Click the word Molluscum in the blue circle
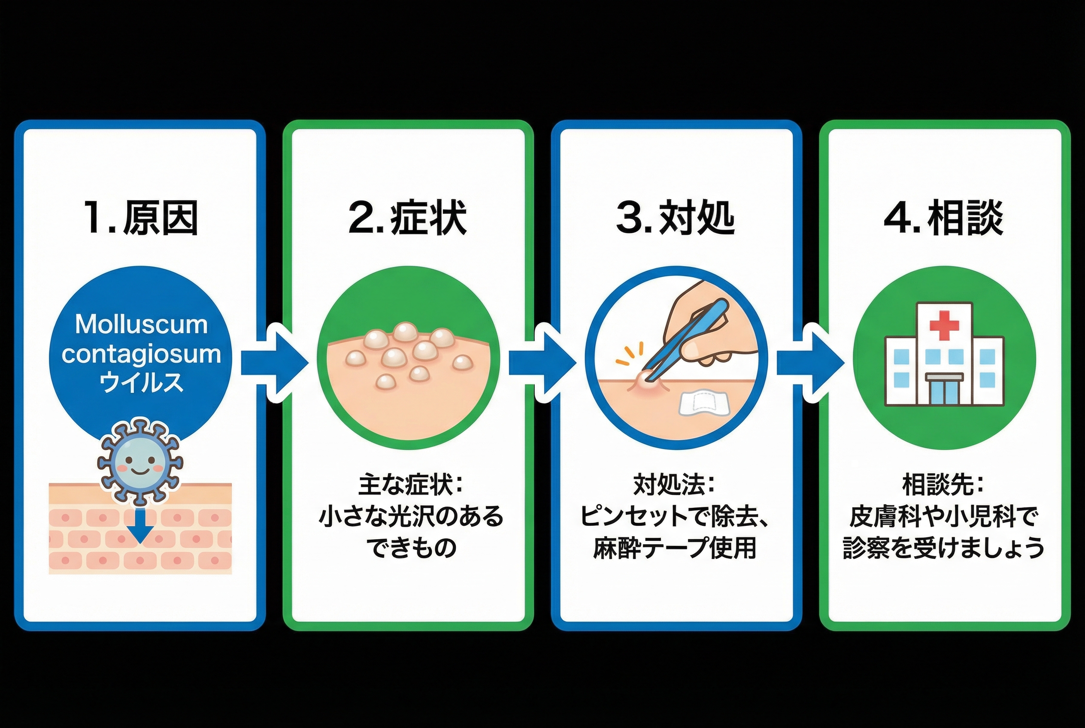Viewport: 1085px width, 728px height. [x=141, y=324]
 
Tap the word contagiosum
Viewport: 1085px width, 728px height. [x=141, y=354]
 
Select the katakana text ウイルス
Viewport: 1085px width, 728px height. [x=141, y=382]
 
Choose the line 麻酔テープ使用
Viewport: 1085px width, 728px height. [x=675, y=548]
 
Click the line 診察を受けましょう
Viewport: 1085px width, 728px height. [x=944, y=548]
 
